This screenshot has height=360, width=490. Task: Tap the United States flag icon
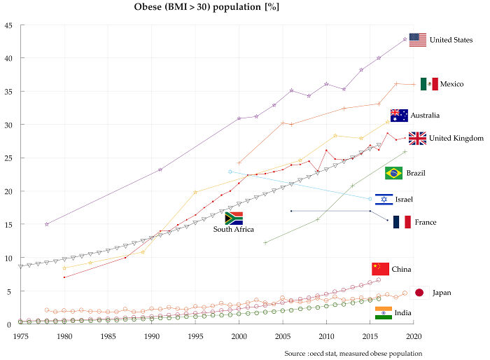(x=418, y=40)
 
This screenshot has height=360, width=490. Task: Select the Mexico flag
(x=429, y=84)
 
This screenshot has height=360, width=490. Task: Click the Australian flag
(x=399, y=115)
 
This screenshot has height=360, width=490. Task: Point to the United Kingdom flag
(x=417, y=138)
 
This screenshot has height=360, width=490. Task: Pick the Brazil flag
(x=393, y=173)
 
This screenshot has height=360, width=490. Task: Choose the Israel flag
(x=384, y=200)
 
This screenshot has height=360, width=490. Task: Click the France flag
(x=402, y=222)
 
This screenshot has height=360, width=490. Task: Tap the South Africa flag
(x=233, y=218)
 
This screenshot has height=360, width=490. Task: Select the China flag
(x=380, y=269)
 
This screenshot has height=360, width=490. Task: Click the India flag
(x=384, y=313)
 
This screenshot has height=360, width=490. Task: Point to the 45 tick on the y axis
(x=7, y=26)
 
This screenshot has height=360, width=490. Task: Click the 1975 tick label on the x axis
(x=21, y=336)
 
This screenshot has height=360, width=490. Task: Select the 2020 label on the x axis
(x=414, y=336)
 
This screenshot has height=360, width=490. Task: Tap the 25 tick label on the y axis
(x=7, y=158)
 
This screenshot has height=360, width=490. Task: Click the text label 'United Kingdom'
(x=456, y=138)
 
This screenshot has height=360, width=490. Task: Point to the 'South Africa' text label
(x=234, y=229)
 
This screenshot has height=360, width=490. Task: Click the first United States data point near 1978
(x=47, y=224)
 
